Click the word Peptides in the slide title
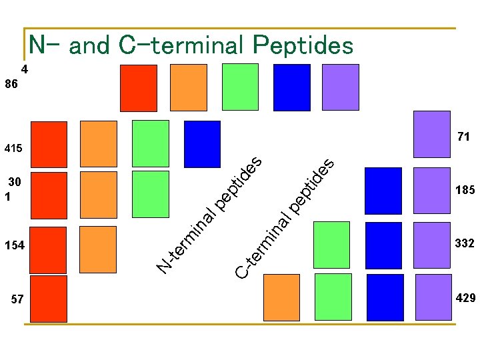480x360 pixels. tap(303, 46)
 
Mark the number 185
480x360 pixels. tap(465, 191)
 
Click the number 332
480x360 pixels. tap(464, 243)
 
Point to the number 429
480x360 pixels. tap(465, 297)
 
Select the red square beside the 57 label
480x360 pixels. tap(49, 299)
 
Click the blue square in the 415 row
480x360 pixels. tap(202, 144)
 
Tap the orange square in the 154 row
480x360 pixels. tap(97, 250)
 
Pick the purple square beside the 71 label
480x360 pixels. tap(431, 134)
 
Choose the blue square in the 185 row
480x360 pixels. tap(383, 191)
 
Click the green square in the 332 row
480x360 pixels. tap(331, 245)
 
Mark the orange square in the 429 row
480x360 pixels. tap(281, 297)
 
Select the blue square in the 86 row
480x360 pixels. tap(291, 87)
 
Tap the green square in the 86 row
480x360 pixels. tap(240, 87)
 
